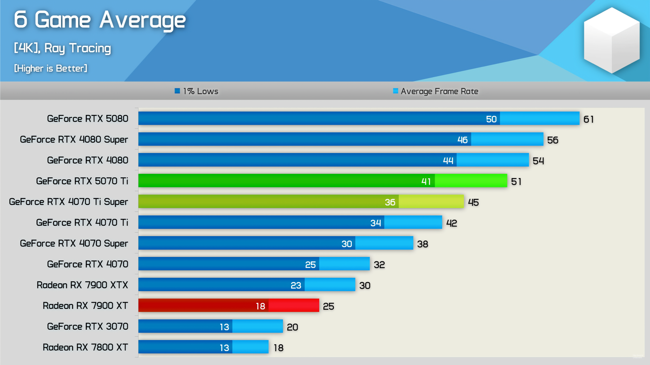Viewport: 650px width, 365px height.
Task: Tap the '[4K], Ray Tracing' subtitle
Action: point(62,48)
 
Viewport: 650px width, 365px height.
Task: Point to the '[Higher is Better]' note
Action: point(51,68)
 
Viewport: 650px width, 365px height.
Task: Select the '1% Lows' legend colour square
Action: point(177,91)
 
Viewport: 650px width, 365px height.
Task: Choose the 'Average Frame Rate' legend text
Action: point(439,91)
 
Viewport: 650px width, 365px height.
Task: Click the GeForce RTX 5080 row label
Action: point(87,119)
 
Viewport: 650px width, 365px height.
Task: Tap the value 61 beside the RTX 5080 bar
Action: point(588,119)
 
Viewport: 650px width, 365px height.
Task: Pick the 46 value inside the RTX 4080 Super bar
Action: point(462,140)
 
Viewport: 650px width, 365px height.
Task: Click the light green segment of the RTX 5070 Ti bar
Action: point(471,181)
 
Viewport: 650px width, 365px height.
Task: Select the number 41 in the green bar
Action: point(426,181)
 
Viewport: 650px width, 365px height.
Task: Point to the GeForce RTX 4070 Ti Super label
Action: point(68,202)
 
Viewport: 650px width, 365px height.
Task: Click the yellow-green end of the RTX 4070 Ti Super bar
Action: point(431,201)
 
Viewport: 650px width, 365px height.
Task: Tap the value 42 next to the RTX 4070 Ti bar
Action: point(451,223)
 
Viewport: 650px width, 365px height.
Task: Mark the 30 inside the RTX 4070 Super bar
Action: point(346,244)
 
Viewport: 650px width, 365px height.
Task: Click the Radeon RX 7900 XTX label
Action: point(82,285)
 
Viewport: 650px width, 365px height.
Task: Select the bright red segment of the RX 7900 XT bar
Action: point(293,305)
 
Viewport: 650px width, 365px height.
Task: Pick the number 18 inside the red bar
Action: point(260,306)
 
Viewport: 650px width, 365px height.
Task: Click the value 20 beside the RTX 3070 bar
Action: point(292,327)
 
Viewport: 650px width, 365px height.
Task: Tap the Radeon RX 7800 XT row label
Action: point(85,347)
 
